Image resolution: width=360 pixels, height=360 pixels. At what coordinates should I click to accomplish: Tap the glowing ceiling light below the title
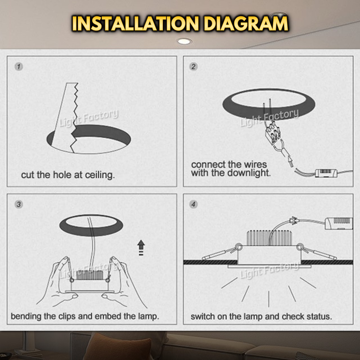click(184, 41)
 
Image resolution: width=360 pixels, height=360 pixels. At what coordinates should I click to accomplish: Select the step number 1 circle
click(19, 67)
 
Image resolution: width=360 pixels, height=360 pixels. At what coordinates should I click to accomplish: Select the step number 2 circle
click(193, 67)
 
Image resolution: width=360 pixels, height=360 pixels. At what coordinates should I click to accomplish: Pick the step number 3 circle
click(19, 204)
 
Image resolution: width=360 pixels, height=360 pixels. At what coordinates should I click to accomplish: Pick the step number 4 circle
click(193, 204)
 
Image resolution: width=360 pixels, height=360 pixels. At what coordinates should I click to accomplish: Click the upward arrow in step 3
click(141, 247)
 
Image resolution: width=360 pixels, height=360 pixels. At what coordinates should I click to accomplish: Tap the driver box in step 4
click(339, 223)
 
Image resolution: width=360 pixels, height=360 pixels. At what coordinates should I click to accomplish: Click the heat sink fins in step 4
click(269, 238)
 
